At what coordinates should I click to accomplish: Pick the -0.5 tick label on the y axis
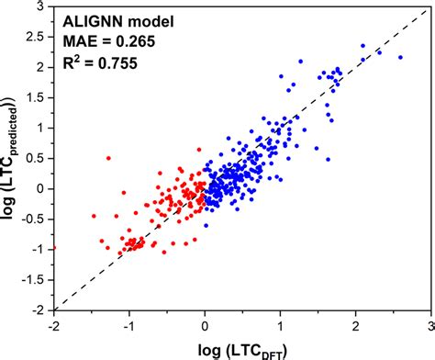click(36, 219)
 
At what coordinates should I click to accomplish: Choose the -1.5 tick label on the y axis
click(36, 279)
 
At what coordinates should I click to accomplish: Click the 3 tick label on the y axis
click(43, 7)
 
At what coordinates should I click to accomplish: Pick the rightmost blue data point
click(399, 57)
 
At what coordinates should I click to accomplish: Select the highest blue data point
click(362, 45)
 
